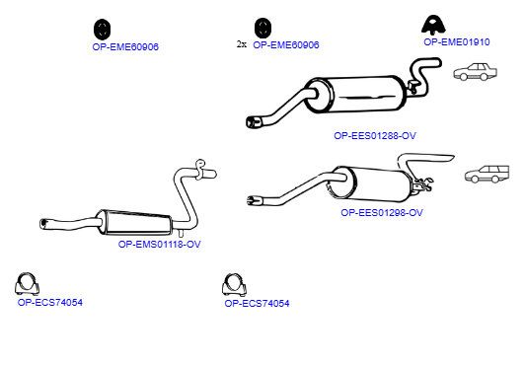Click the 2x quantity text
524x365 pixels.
[242, 44]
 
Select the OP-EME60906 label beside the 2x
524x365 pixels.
[286, 45]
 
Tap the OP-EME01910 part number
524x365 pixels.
[457, 42]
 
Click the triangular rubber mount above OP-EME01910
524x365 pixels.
[433, 25]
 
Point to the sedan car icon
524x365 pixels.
[476, 72]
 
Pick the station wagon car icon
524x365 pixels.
[487, 174]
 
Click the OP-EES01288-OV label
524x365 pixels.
[375, 136]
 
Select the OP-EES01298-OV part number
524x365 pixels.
[382, 213]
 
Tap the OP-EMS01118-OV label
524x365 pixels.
[160, 244]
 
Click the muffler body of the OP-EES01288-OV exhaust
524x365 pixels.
[356, 95]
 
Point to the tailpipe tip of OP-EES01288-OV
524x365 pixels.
[254, 122]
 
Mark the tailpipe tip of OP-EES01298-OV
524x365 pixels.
[255, 200]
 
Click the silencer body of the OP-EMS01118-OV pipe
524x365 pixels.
[135, 222]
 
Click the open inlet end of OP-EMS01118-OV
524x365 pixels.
[44, 224]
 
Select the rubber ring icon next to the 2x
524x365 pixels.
[262, 28]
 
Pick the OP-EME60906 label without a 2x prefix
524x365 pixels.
[125, 46]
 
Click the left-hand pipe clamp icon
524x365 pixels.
[27, 284]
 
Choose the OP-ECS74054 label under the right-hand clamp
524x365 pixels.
[257, 304]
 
